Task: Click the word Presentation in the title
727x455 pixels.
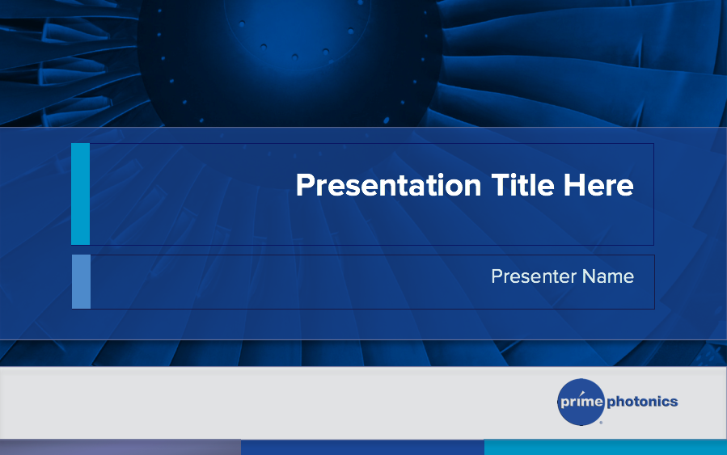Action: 388,185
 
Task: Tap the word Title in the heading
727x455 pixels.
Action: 522,185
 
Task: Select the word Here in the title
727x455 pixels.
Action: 598,185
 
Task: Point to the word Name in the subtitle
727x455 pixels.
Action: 608,276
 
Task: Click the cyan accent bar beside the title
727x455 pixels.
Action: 80,194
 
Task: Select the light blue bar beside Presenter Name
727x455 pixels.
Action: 81,281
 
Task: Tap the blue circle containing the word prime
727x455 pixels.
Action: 581,402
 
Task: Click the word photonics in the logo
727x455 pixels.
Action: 642,402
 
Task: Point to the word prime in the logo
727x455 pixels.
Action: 582,401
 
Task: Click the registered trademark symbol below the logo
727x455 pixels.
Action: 602,423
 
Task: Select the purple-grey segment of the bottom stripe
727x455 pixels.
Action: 120,447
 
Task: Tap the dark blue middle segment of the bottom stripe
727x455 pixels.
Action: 362,447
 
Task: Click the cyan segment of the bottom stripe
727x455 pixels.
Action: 606,447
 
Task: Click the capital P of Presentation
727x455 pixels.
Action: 306,185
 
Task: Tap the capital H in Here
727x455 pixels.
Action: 573,185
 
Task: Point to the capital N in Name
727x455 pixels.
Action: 590,276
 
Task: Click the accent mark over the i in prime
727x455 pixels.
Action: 582,394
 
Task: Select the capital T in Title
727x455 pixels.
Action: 501,185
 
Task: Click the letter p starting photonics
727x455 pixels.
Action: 611,402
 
